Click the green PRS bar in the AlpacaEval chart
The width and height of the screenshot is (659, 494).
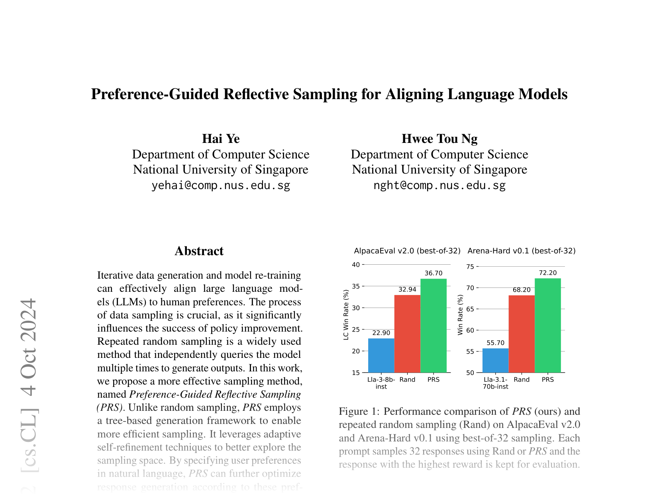(433, 326)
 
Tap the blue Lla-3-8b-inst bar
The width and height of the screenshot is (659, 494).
(381, 355)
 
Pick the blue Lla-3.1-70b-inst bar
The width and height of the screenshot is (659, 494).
(495, 360)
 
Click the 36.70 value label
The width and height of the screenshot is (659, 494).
(433, 273)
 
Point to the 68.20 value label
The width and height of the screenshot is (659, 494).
(522, 290)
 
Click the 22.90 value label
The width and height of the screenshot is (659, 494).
(381, 333)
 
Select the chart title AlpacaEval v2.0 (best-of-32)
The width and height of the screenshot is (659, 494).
(407, 251)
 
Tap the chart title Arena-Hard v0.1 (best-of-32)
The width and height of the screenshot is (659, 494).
(521, 251)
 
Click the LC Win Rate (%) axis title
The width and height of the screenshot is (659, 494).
(346, 314)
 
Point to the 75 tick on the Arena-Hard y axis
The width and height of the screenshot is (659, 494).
(470, 267)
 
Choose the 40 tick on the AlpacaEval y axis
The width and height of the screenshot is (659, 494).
(356, 265)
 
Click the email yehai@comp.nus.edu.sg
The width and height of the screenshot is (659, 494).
(221, 185)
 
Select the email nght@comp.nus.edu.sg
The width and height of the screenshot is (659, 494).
(439, 185)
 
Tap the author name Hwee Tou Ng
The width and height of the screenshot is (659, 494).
(439, 139)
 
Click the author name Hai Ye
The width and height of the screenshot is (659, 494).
(221, 139)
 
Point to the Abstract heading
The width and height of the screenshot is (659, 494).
(199, 251)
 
